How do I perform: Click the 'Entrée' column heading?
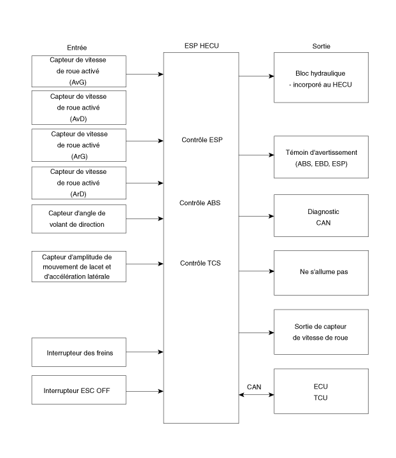pos(77,48)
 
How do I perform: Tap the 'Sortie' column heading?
pos(322,46)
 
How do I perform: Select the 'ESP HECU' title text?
pos(202,46)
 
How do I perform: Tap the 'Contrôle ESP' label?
pos(202,140)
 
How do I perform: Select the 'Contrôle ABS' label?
pos(200,203)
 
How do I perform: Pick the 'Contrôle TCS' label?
pos(201,263)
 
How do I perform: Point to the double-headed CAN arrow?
pos(257,394)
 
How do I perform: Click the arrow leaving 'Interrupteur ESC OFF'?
pos(145,391)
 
